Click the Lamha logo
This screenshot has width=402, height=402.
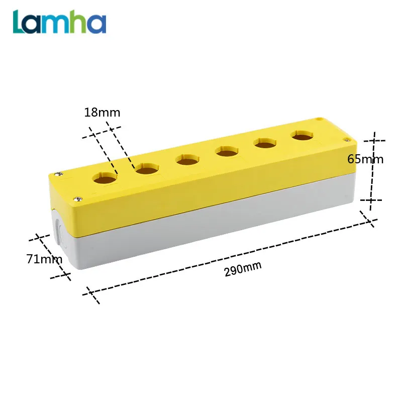[x=59, y=22]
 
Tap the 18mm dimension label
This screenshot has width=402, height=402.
[x=102, y=113]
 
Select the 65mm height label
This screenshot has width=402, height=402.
[x=365, y=159]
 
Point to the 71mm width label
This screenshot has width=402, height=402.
[x=44, y=259]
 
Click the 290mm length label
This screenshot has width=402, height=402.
[x=243, y=269]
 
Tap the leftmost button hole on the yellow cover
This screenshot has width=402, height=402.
[x=105, y=178]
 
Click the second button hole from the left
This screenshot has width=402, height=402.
[x=147, y=169]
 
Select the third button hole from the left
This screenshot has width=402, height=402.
[x=187, y=159]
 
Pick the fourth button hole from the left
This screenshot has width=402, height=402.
[x=227, y=151]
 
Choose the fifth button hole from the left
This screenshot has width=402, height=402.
[x=265, y=143]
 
